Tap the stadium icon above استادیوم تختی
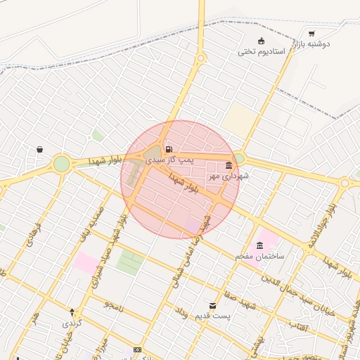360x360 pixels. pos(262,40)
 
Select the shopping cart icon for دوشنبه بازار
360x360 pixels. pos(311,33)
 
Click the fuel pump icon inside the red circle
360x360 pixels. pos(169,149)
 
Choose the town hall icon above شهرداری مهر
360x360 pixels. pos(227,166)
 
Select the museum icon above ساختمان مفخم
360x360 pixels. pos(260,245)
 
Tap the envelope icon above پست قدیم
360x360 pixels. pos(213,305)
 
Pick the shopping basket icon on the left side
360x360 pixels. pos(39,149)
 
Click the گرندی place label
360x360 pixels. pos(72,323)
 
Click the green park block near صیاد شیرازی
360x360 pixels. pos(129,262)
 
